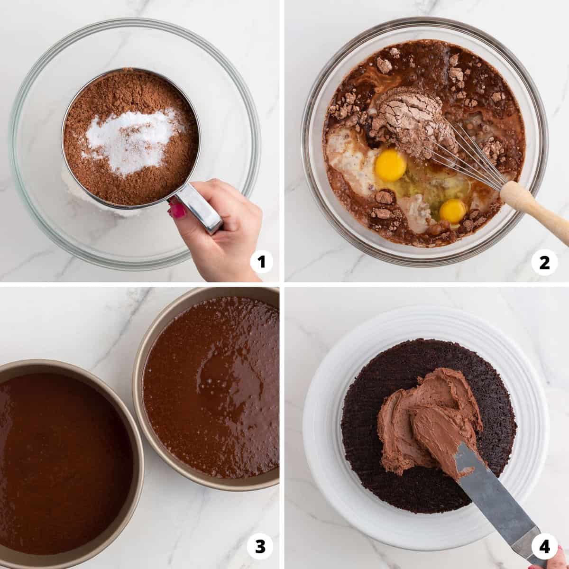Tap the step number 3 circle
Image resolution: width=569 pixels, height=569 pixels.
click(262, 546)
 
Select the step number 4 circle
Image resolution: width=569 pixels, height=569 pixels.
click(544, 546)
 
